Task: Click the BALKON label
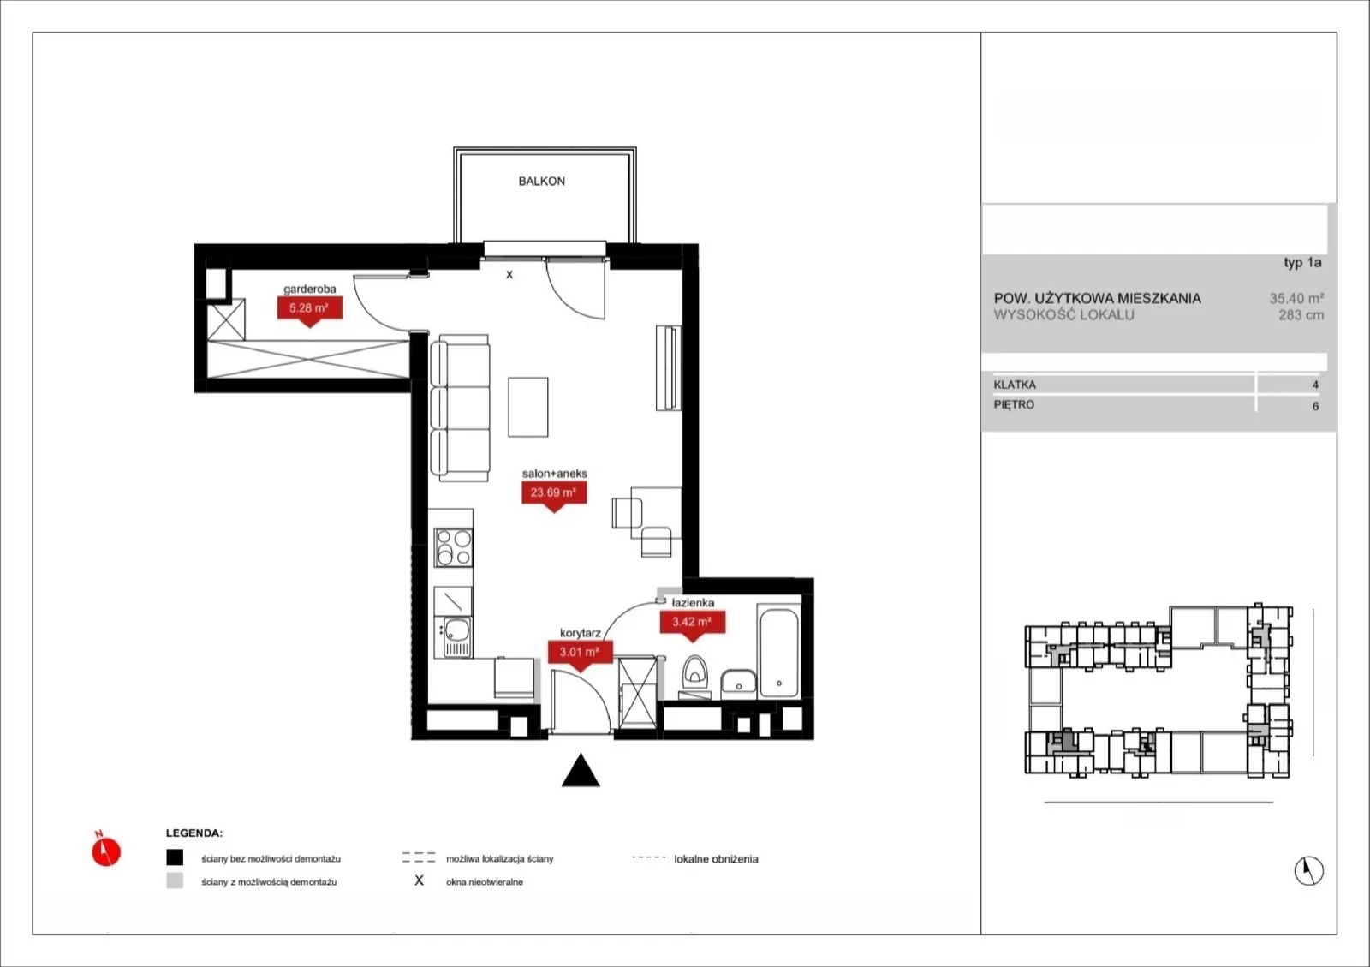[x=541, y=181]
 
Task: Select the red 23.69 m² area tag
[x=554, y=496]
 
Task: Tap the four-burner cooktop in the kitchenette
[x=453, y=547]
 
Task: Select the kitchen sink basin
[x=456, y=630]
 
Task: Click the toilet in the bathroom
[x=694, y=673]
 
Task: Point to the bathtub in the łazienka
[x=778, y=652]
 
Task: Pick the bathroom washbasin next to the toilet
[x=738, y=683]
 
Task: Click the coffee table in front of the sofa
[x=527, y=407]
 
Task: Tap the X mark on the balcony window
[x=509, y=275]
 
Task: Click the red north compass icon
[x=106, y=849]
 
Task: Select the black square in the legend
[x=175, y=857]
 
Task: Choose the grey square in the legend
[x=175, y=880]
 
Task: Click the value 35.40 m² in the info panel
[x=1296, y=298]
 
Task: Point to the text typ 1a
[x=1302, y=262]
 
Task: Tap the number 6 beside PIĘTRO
[x=1315, y=406]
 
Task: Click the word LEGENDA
[x=194, y=833]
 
